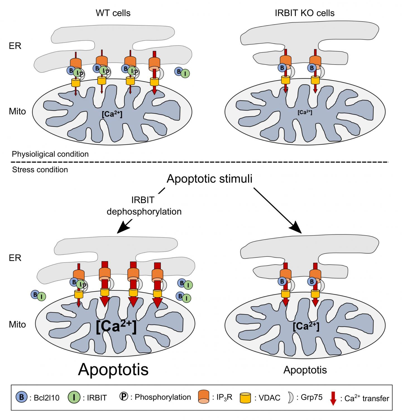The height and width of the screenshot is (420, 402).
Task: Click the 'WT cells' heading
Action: (113, 13)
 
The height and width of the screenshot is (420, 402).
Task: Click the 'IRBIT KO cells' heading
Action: (305, 13)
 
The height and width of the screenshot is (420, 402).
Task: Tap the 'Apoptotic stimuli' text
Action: (209, 179)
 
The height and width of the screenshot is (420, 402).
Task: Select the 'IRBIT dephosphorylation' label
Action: (144, 206)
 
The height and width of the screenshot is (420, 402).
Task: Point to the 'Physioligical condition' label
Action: (50, 154)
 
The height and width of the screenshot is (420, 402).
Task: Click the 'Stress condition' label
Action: (40, 170)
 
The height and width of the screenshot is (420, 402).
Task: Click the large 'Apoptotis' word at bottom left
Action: (113, 369)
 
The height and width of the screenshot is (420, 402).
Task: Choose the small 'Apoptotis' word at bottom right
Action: (305, 370)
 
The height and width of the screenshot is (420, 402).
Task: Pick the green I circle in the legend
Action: (74, 397)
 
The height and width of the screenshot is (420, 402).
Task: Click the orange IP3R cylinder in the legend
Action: (204, 397)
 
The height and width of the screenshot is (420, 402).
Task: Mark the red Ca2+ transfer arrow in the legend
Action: (333, 398)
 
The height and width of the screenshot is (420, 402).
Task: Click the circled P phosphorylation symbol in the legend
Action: (123, 397)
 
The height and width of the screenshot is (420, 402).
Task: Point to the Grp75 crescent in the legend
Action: (291, 397)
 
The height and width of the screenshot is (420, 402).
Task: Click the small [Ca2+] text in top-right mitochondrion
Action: (305, 112)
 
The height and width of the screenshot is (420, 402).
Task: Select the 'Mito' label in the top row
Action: (17, 111)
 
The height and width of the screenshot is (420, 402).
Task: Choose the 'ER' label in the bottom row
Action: (15, 258)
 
